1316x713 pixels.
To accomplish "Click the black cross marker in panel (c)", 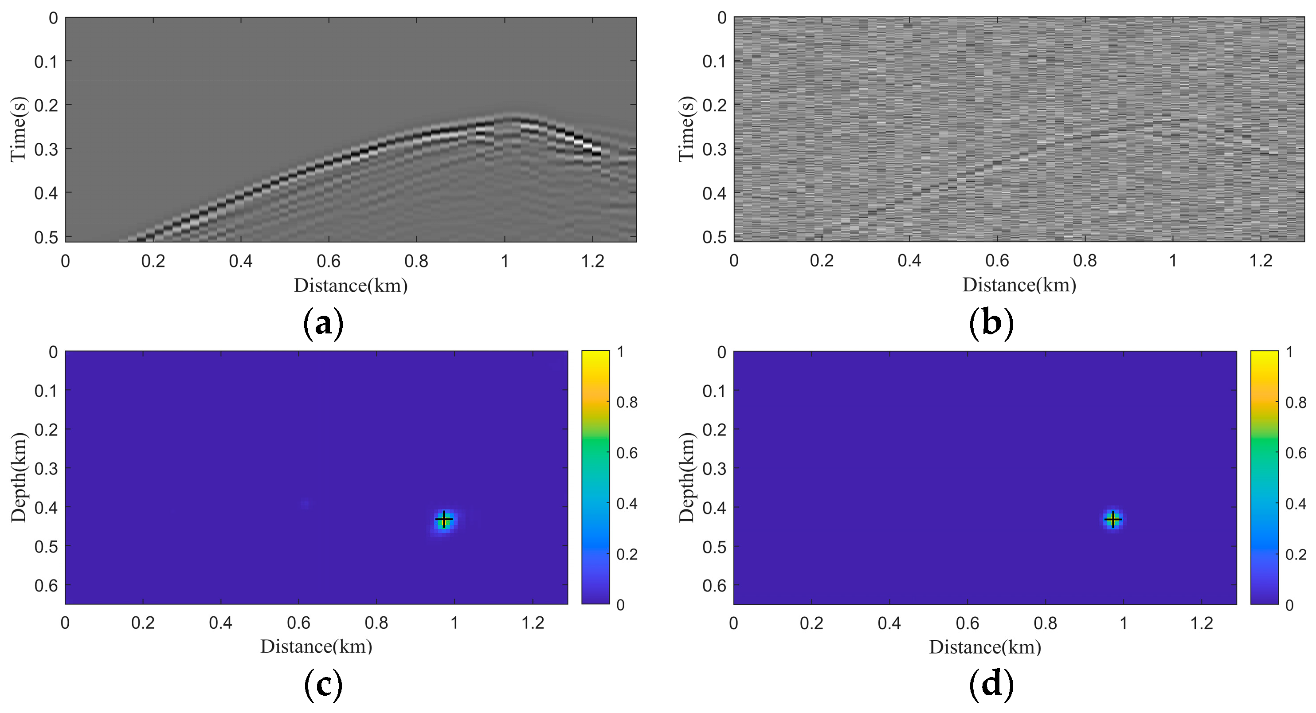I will tap(444, 519).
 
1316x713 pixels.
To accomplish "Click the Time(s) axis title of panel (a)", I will tap(18, 129).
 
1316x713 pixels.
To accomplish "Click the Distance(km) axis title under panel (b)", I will tap(1019, 285).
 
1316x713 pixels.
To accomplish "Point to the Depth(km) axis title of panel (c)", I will tap(18, 478).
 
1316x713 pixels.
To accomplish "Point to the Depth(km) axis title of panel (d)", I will tap(687, 478).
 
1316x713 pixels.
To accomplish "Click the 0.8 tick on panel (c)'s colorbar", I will tap(627, 403).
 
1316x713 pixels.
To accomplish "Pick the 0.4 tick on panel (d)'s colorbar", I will tap(1296, 504).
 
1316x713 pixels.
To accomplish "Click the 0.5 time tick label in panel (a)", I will tap(46, 238).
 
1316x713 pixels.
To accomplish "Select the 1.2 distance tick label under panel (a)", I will tap(593, 262).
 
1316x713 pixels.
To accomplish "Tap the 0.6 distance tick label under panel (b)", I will tap(997, 261).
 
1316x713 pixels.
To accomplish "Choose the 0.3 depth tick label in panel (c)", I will tap(46, 468).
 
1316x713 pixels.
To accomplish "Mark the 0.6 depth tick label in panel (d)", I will tap(714, 585).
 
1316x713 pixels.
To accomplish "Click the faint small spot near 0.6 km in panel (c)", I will tap(305, 504).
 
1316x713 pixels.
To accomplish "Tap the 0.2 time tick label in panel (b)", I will tap(714, 105).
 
